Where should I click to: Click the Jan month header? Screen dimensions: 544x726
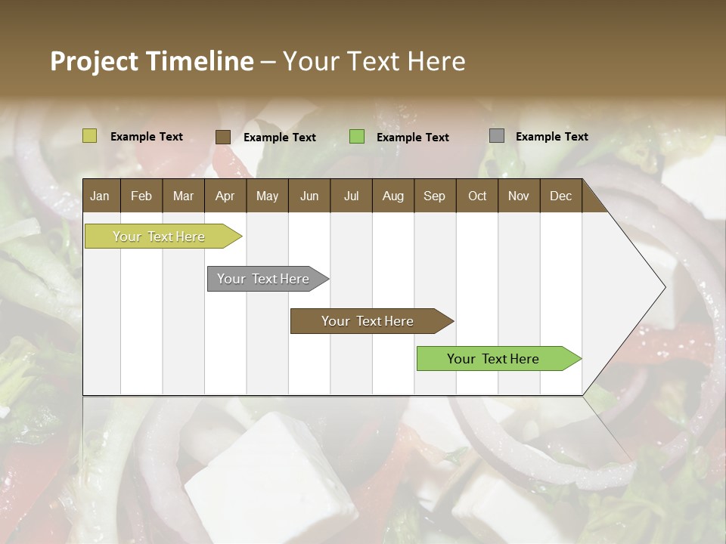pos(100,196)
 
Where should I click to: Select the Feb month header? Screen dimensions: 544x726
pos(141,196)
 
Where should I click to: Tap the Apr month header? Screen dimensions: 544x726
pos(225,196)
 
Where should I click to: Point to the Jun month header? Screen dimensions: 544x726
pos(309,196)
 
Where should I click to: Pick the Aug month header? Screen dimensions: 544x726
pos(392,196)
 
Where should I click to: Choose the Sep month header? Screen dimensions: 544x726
pos(434,196)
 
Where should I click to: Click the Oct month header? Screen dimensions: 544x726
pos(477,196)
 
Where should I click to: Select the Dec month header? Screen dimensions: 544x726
pos(560,196)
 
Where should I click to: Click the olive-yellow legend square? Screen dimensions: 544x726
pos(89,136)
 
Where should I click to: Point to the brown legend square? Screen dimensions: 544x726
pos(222,137)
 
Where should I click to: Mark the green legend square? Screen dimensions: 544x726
pos(357,136)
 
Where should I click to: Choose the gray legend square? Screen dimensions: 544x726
pos(497,136)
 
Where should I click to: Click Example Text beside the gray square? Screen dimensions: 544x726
pos(551,137)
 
